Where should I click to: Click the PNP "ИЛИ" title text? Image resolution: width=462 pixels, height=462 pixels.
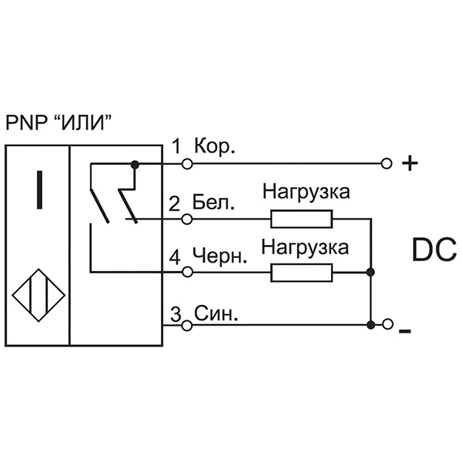click(x=65, y=123)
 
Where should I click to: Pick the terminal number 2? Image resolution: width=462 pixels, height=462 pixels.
click(x=175, y=203)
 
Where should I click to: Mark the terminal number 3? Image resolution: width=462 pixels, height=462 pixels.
click(x=175, y=314)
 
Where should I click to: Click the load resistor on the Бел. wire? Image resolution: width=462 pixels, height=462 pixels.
click(x=301, y=220)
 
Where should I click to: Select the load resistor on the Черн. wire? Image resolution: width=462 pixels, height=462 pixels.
click(x=301, y=273)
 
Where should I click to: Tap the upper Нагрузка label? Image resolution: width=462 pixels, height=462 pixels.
click(x=306, y=192)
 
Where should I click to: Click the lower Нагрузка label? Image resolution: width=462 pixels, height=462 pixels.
click(x=306, y=247)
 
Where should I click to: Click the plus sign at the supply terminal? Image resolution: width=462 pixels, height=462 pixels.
click(x=410, y=164)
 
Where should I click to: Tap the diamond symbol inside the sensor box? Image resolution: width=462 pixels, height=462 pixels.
click(x=37, y=296)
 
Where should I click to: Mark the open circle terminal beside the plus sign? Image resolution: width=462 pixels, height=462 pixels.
click(x=387, y=164)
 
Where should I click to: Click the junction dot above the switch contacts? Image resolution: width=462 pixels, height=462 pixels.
click(x=136, y=164)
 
